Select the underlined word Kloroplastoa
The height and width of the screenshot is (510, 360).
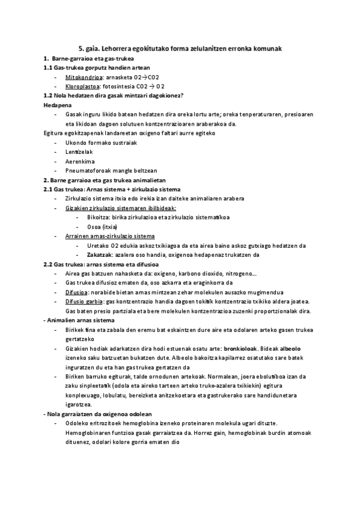(83, 87)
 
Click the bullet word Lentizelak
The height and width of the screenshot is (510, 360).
(77, 152)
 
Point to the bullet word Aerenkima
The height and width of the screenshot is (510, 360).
(77, 161)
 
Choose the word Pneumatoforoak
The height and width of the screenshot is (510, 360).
(87, 170)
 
